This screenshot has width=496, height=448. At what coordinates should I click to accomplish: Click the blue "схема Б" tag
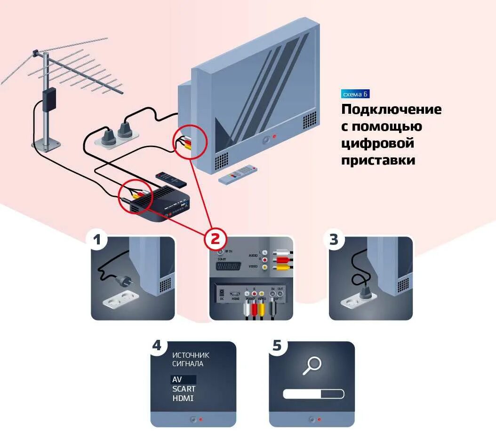(355, 94)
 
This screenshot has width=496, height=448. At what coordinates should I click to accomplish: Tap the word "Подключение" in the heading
(391, 110)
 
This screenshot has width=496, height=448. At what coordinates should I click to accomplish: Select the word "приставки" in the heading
(378, 160)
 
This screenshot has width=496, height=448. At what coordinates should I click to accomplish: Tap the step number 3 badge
(334, 240)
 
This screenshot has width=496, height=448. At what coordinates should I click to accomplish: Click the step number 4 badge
(157, 346)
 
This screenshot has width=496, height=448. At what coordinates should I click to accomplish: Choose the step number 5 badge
(277, 346)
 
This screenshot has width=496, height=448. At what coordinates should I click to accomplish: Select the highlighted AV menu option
(183, 379)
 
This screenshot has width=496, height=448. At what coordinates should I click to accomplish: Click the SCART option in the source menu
(184, 389)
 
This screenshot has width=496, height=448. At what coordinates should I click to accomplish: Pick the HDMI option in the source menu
(183, 398)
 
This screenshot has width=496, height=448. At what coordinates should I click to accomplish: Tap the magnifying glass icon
(312, 365)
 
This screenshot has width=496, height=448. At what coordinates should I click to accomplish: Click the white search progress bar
(313, 394)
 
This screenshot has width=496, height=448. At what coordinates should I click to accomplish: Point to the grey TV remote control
(239, 174)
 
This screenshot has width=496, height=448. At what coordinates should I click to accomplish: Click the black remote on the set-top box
(171, 178)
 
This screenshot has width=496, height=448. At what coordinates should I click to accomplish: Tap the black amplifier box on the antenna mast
(48, 99)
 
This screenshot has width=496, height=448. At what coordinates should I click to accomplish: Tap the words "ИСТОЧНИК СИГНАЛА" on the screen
(191, 359)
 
